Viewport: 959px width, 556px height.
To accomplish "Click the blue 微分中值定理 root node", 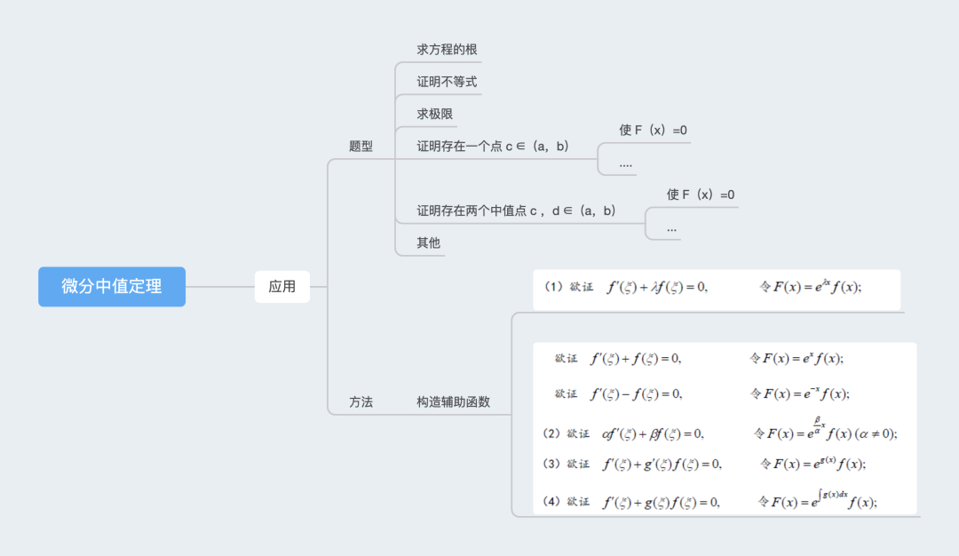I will point(112,287).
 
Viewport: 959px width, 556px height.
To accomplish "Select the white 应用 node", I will point(282,287).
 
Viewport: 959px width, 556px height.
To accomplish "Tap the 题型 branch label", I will point(361,147).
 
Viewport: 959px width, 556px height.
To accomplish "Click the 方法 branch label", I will point(361,402).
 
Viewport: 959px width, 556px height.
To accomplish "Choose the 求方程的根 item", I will point(448,50).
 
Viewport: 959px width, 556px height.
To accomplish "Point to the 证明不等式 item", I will point(448,82).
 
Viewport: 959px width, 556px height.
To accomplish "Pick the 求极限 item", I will point(436,115).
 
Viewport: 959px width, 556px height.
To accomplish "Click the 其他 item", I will point(429,242).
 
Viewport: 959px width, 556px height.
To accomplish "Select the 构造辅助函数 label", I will point(453,402).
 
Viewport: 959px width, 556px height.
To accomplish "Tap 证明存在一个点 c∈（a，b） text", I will point(493,147).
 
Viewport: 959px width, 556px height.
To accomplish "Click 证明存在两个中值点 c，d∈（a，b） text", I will point(516,210).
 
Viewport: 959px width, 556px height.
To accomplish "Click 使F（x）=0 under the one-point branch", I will point(653,131).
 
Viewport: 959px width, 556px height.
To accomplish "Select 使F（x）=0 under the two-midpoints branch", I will point(701,195).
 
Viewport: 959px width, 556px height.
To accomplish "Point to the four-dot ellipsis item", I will point(626,163).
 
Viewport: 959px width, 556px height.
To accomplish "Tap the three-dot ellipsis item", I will point(672,227).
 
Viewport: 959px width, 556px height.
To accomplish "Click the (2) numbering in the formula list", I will point(551,433).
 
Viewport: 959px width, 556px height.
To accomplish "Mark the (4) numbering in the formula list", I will point(551,502).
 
